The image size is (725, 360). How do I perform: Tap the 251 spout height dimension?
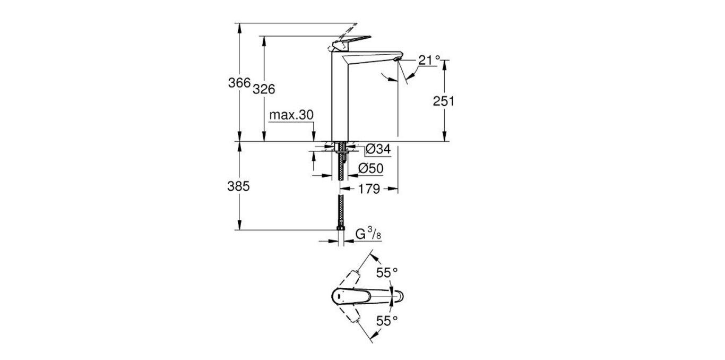click(443, 101)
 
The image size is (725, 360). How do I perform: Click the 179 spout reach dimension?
click(369, 188)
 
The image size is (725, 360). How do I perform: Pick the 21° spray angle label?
click(429, 60)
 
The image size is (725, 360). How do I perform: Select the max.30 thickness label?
click(291, 115)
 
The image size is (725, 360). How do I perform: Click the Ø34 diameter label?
click(378, 150)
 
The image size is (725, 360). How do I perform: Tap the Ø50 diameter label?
click(371, 168)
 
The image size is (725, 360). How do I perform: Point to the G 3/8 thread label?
click(367, 234)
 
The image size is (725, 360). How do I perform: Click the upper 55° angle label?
click(387, 272)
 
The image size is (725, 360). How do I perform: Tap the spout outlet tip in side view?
click(398, 58)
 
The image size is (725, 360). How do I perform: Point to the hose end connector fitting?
click(341, 229)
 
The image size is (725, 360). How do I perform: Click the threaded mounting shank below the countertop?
click(341, 165)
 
